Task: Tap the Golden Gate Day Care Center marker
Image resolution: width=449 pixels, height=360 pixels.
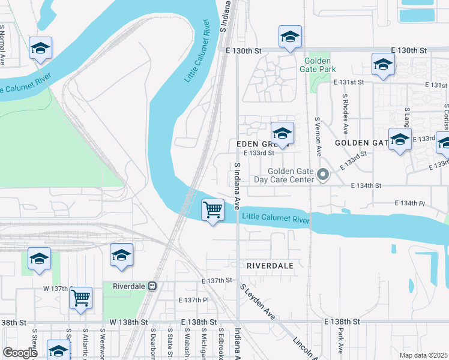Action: pyautogui.click(x=324, y=175)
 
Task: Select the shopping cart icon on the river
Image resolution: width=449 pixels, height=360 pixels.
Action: pyautogui.click(x=212, y=211)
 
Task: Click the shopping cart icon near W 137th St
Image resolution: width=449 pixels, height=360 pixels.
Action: pyautogui.click(x=80, y=298)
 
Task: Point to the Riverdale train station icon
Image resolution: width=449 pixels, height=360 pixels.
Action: pyautogui.click(x=152, y=286)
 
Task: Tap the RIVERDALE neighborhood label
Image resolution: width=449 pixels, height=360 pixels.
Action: pyautogui.click(x=270, y=265)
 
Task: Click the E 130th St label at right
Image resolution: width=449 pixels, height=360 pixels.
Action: pyautogui.click(x=408, y=50)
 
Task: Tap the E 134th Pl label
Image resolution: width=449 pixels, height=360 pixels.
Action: pyautogui.click(x=409, y=203)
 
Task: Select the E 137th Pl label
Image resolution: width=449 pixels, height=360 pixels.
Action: pyautogui.click(x=193, y=299)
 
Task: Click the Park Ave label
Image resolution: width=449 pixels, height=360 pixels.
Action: pyautogui.click(x=340, y=340)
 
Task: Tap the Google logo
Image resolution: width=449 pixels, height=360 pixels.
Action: pyautogui.click(x=20, y=353)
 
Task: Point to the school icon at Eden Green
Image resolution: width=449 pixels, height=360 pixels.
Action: pyautogui.click(x=282, y=133)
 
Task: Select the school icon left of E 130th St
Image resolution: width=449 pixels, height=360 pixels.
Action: pyautogui.click(x=290, y=37)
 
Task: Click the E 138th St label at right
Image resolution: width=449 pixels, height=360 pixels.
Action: pyautogui.click(x=342, y=322)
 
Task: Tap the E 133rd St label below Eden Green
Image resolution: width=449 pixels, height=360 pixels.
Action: pyautogui.click(x=259, y=152)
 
